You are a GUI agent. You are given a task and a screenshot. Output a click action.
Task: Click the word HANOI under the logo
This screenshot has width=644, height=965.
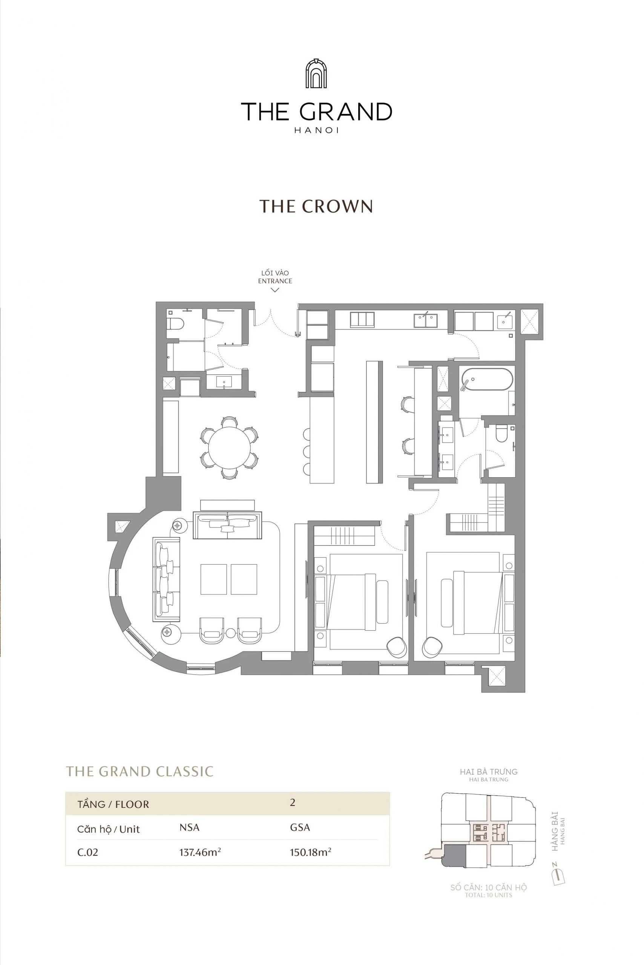click(x=316, y=130)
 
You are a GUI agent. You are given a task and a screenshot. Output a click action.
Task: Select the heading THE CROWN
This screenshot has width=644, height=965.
click(x=316, y=206)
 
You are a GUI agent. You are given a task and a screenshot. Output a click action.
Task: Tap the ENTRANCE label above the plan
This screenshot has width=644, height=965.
click(x=275, y=281)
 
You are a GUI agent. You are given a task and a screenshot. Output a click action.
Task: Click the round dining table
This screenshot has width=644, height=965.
click(x=230, y=447)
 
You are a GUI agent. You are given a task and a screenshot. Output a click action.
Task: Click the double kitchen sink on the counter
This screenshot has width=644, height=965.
click(x=425, y=321)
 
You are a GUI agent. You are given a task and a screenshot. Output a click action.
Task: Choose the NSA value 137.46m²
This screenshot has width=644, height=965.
click(x=200, y=852)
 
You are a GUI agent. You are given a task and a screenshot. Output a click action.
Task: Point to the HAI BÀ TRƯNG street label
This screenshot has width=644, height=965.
click(x=488, y=772)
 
